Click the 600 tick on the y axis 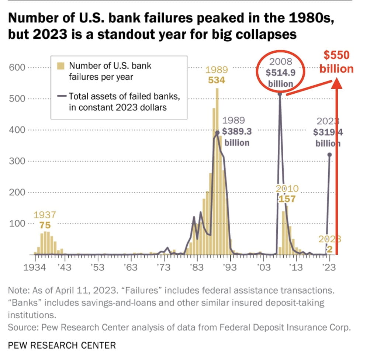(17, 67)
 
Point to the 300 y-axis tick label (17, 161)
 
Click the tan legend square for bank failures (62, 66)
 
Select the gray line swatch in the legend (62, 97)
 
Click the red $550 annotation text (336, 55)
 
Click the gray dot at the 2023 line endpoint (330, 155)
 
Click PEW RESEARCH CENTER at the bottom (62, 346)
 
